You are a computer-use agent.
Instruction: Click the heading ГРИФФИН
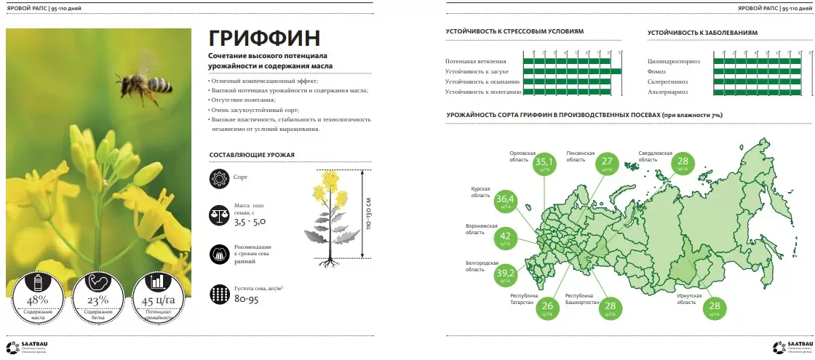pyautogui.click(x=264, y=39)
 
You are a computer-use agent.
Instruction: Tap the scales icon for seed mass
pyautogui.click(x=218, y=215)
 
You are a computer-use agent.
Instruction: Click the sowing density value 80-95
pyautogui.click(x=247, y=298)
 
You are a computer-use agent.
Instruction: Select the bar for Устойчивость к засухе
pyautogui.click(x=572, y=71)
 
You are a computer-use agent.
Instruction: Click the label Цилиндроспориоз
pyautogui.click(x=673, y=61)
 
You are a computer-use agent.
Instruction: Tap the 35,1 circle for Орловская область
pyautogui.click(x=544, y=164)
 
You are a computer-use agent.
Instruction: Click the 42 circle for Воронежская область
pyautogui.click(x=505, y=238)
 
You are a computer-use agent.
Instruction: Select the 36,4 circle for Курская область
pyautogui.click(x=505, y=200)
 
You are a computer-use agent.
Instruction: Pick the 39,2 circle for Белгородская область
pyautogui.click(x=505, y=274)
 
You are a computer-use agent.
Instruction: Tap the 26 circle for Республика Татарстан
pyautogui.click(x=548, y=308)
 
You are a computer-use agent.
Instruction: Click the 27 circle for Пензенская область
pyautogui.click(x=608, y=164)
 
